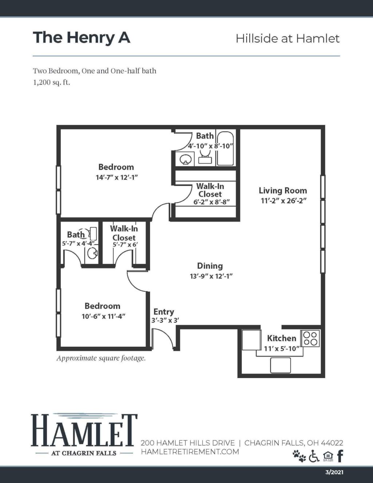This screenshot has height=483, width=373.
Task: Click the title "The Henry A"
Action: pos(81,38)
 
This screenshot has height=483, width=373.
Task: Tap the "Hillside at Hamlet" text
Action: pos(287,38)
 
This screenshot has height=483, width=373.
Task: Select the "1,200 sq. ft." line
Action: pos(51,82)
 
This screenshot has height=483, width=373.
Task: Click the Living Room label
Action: pos(283,190)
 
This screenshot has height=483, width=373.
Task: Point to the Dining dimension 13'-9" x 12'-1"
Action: pos(211,276)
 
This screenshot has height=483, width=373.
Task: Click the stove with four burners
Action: pos(310,338)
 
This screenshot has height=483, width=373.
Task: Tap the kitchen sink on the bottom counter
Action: pos(280,365)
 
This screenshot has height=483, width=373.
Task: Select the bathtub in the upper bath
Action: pos(225,148)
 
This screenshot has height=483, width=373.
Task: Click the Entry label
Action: pos(164,312)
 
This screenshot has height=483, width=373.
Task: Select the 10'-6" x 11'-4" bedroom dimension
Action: pos(103,316)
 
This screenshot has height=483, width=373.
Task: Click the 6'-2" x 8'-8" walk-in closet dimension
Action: pos(211,202)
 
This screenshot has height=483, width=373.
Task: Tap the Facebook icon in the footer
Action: pos(340,456)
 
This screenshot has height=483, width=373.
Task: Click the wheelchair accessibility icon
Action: pos(314,456)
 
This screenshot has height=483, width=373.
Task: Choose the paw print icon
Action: pos(299,456)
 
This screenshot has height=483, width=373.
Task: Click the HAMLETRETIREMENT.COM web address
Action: pos(190,452)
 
